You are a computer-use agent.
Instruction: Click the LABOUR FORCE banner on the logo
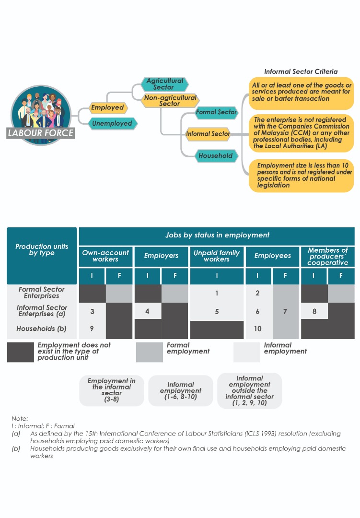(x=41, y=133)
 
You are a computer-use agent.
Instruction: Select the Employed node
(x=107, y=108)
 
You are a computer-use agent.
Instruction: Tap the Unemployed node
(x=112, y=123)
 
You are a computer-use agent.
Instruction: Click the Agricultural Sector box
(x=164, y=84)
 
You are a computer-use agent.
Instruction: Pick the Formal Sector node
(x=216, y=112)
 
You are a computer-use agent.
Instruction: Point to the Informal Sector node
(x=208, y=134)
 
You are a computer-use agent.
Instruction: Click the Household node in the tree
(x=216, y=156)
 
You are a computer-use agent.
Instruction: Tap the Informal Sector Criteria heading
(x=301, y=71)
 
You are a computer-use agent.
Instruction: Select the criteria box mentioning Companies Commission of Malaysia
(x=301, y=133)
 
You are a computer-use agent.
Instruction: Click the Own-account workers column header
(x=105, y=256)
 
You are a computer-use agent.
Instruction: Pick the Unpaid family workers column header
(x=217, y=256)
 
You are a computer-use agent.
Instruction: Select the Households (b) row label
(x=42, y=329)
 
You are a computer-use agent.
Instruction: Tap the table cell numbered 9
(x=92, y=329)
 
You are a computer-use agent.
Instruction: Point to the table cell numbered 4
(x=147, y=311)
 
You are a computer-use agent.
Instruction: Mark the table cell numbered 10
(x=258, y=329)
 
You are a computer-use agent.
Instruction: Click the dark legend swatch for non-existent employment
(x=20, y=352)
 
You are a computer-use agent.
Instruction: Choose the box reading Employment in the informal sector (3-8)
(x=111, y=390)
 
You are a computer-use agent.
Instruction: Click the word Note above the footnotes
(x=20, y=418)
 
